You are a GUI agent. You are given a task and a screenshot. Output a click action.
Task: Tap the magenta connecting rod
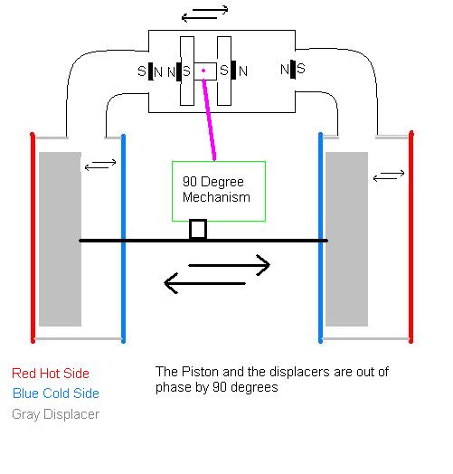pos(209,119)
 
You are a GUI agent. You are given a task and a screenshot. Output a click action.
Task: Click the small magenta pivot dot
pos(203,71)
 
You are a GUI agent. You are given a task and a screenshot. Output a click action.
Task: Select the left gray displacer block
pos(61,239)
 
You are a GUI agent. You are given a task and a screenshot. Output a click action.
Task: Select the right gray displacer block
pos(346,239)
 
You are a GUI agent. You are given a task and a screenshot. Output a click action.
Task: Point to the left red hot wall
pos(33,238)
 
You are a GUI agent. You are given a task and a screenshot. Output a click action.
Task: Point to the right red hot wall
pos(411,237)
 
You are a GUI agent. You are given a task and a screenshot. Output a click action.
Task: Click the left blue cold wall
pos(123,239)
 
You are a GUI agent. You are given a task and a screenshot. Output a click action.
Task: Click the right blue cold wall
pos(321,238)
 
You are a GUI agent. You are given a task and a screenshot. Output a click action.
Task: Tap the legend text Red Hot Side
pos(51,374)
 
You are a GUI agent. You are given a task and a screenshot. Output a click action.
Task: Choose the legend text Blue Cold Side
pos(56,393)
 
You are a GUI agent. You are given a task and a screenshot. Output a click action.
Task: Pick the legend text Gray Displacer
pos(55,414)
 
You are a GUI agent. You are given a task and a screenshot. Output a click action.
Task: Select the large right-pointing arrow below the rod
pos(229,265)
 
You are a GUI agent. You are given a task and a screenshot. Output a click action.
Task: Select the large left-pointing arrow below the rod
pos(204,283)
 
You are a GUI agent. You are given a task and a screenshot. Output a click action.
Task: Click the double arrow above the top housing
pos(204,14)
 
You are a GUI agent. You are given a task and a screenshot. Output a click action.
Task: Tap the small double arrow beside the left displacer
pos(100,165)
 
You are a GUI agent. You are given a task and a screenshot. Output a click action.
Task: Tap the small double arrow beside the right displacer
pos(389,175)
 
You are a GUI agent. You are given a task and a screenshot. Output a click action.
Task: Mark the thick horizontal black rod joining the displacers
pos(203,241)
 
